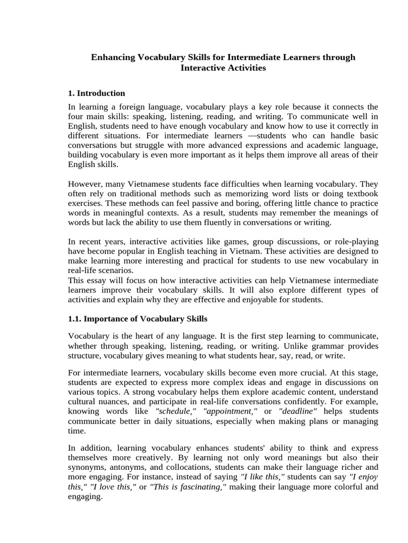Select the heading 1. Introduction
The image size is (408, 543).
97,93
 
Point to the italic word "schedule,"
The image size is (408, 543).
177,411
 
